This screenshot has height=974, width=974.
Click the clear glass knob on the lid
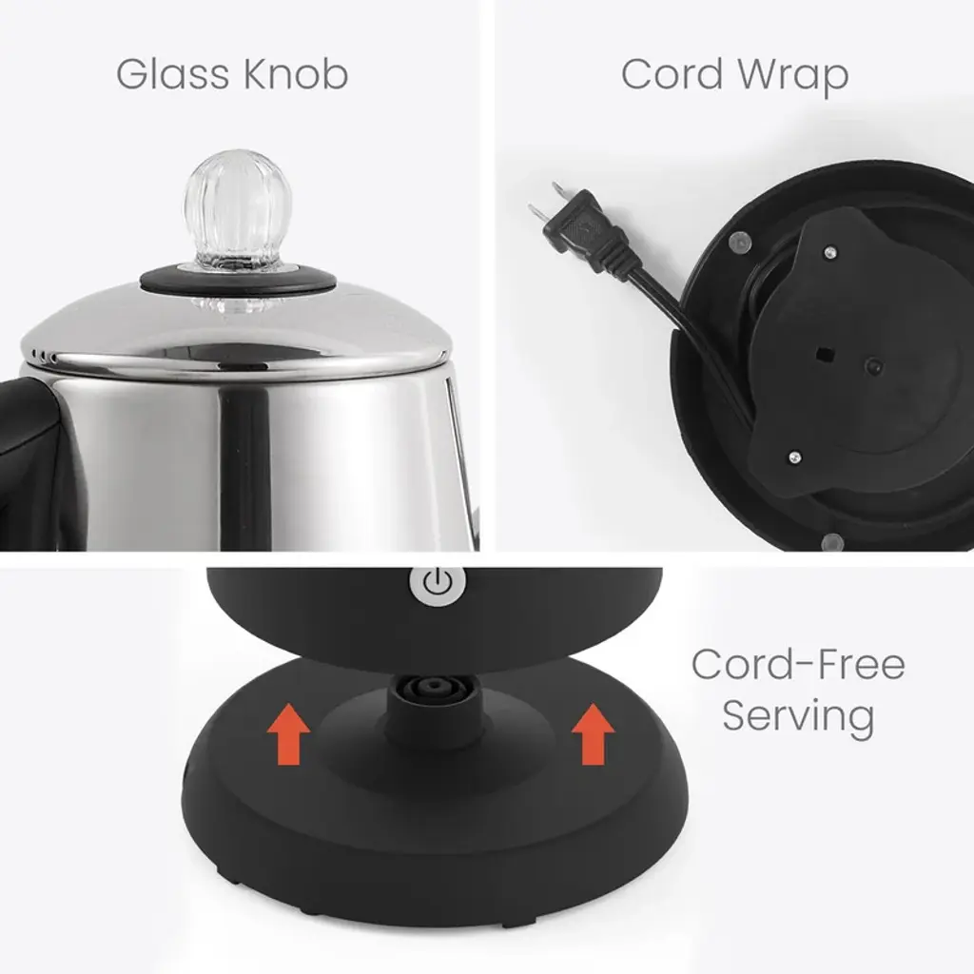tap(237, 211)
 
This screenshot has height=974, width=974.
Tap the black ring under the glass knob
tap(239, 280)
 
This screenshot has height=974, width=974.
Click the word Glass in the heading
tap(172, 74)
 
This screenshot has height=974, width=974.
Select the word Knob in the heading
tap(295, 74)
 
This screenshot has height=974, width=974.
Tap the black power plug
tap(584, 230)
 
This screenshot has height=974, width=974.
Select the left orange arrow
tap(288, 733)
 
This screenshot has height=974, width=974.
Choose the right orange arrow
tap(594, 733)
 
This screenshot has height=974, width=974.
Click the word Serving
tap(798, 715)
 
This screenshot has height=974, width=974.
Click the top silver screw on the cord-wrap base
tap(829, 253)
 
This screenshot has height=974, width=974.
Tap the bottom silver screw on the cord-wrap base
tap(794, 458)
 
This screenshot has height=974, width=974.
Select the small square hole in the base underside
tap(824, 355)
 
